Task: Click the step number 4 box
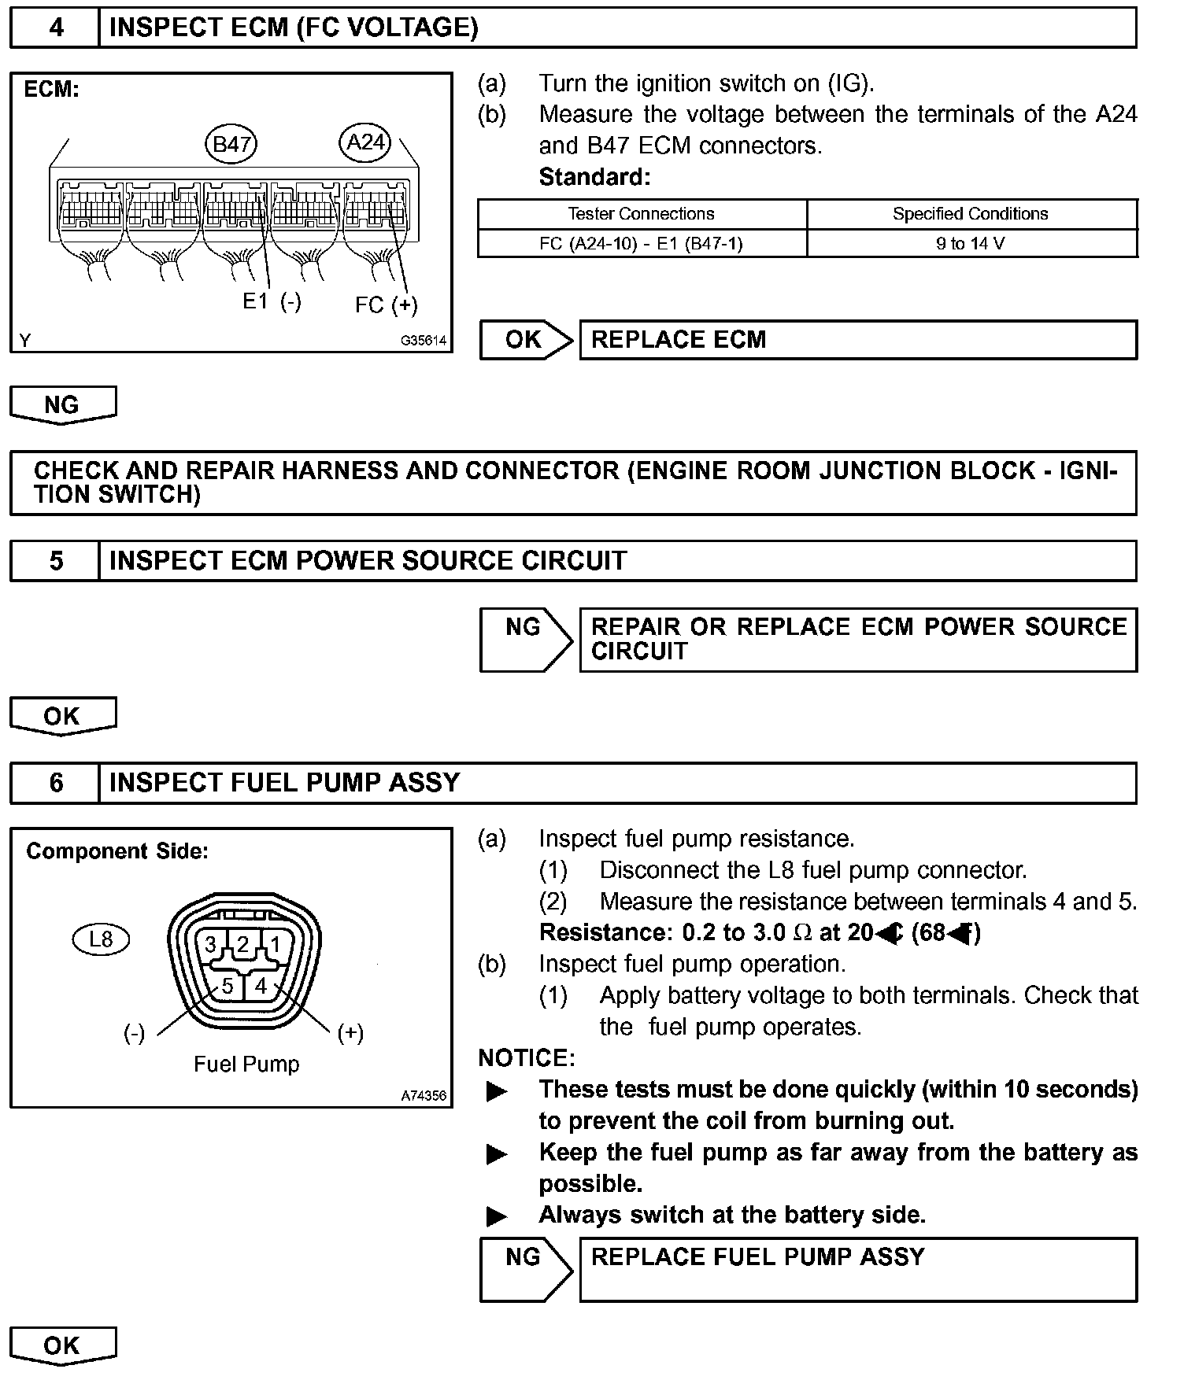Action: [x=55, y=28]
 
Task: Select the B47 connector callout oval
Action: [x=231, y=144]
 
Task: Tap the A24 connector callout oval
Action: [x=366, y=142]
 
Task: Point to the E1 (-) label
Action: [x=272, y=301]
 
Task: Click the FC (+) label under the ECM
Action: [x=386, y=305]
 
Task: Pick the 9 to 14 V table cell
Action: [x=971, y=244]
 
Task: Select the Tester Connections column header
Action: [x=641, y=214]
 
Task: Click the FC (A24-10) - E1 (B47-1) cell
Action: [x=641, y=244]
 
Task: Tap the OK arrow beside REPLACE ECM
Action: [x=526, y=340]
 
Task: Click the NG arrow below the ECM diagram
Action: [x=62, y=404]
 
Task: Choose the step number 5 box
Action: [x=55, y=561]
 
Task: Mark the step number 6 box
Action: [x=55, y=783]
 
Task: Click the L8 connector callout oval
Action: [x=101, y=939]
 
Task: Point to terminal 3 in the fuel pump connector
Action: [x=211, y=945]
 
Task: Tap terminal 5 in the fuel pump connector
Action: [x=227, y=986]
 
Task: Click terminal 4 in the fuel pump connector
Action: [x=261, y=986]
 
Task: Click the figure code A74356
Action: [x=423, y=1095]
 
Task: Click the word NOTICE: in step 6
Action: [x=527, y=1058]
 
